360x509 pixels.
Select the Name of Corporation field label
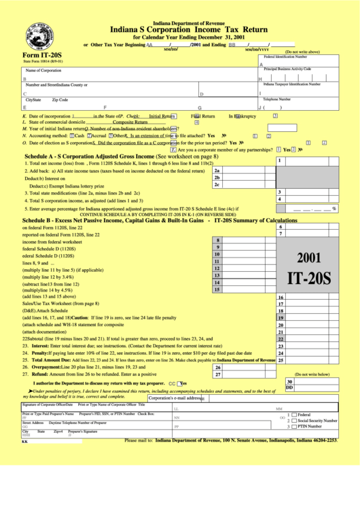(43, 71)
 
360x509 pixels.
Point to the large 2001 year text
(308, 258)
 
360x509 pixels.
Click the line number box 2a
(217, 171)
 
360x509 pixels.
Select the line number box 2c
(217, 184)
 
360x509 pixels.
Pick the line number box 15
(217, 289)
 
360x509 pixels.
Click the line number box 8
(217, 240)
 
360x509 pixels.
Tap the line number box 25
(280, 360)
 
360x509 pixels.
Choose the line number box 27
(217, 374)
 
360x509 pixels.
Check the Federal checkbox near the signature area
(293, 415)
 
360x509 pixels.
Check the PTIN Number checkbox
(293, 427)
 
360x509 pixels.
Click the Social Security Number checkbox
(293, 421)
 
